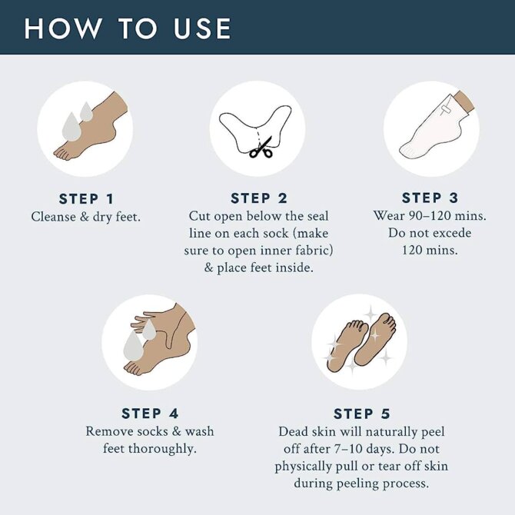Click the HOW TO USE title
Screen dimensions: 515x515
click(x=128, y=28)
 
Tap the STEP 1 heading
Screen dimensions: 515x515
click(x=86, y=199)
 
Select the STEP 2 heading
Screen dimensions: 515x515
click(x=259, y=198)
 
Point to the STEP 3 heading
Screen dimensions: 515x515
click(x=430, y=198)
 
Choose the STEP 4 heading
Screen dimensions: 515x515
click(x=150, y=414)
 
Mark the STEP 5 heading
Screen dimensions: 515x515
click(x=361, y=414)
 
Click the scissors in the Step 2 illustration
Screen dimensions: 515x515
click(x=262, y=147)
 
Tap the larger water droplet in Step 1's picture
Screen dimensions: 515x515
click(x=71, y=127)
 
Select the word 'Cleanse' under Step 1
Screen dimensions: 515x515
click(x=54, y=217)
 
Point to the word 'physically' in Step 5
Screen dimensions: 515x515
click(x=303, y=467)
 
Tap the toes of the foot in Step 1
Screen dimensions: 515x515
click(x=62, y=154)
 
